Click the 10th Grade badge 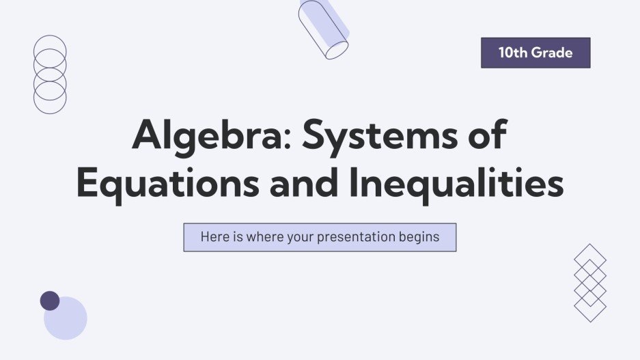(x=535, y=53)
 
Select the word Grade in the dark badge (x=552, y=53)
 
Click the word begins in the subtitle (x=420, y=237)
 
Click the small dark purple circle (x=50, y=301)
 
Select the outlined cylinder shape (x=323, y=30)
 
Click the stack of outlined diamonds (x=590, y=283)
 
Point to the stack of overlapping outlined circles (x=50, y=74)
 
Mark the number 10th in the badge (x=512, y=53)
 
